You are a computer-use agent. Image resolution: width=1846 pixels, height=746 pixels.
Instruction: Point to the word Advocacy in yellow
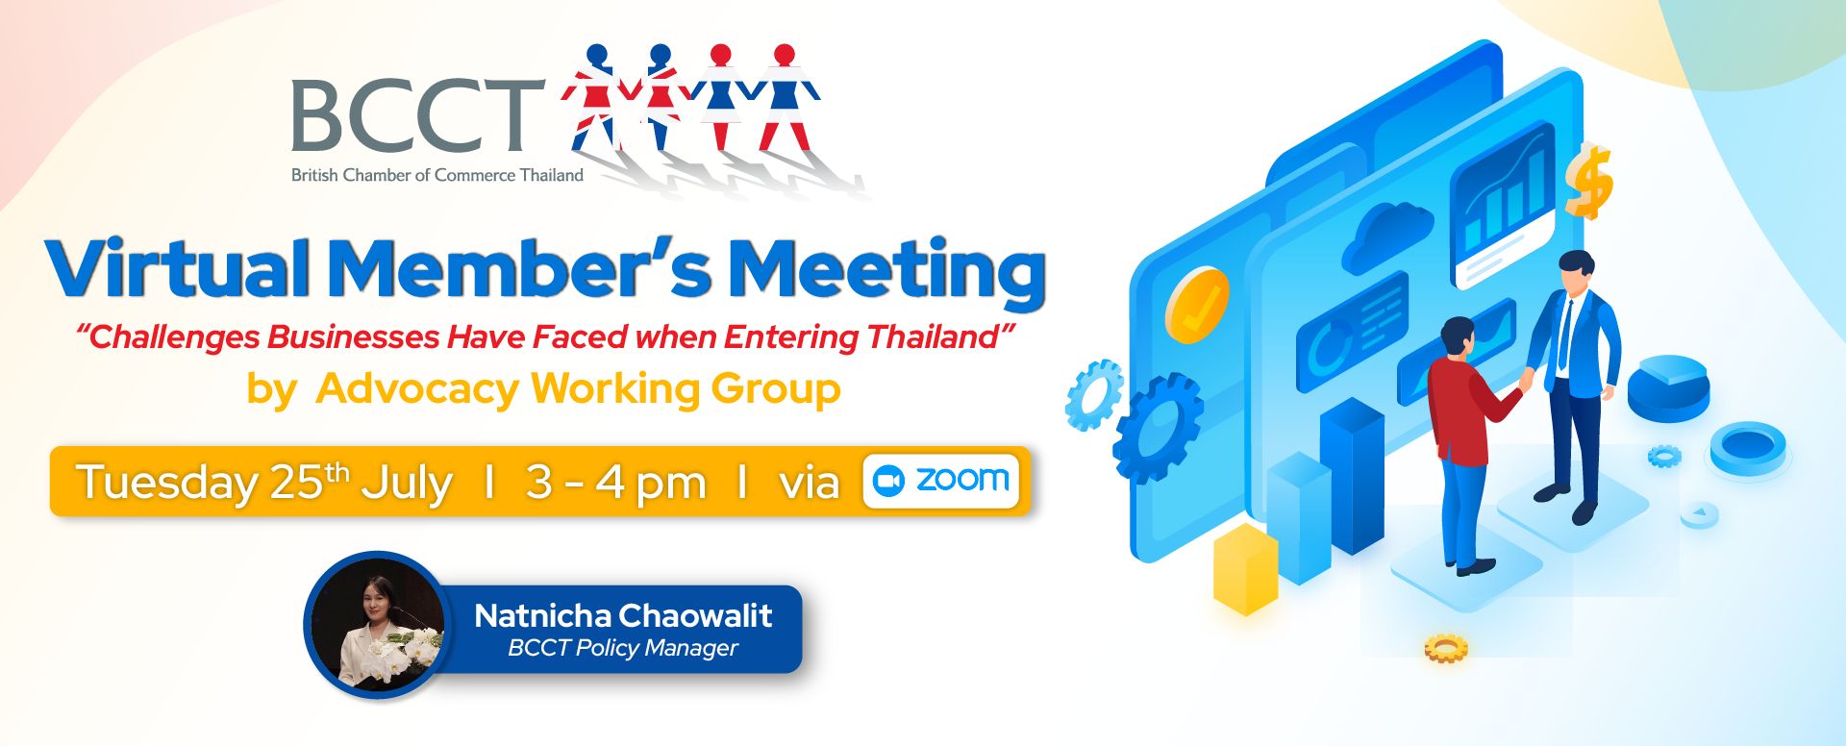[x=417, y=390]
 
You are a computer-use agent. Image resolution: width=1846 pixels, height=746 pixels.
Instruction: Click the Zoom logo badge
[x=941, y=481]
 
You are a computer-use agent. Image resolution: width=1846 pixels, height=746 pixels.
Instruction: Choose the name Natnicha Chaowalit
[x=623, y=615]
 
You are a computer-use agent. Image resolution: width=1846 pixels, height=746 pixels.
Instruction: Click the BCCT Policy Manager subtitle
[x=623, y=648]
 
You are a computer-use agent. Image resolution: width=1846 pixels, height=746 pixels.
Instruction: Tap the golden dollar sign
[x=1588, y=181]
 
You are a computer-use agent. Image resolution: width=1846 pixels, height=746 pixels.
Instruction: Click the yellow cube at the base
[x=1246, y=568]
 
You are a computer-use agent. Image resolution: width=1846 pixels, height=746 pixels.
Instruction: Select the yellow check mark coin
[x=1197, y=305]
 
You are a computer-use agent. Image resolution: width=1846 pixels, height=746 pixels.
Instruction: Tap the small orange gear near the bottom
[x=1446, y=649]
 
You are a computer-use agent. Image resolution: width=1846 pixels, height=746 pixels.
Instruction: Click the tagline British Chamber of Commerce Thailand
[x=437, y=175]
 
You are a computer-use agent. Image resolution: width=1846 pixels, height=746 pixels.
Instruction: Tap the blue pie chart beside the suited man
[x=1668, y=386]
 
